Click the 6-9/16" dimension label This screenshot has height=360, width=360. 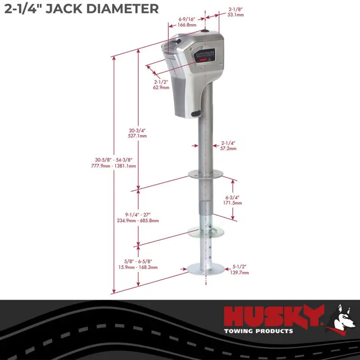coord(187,19)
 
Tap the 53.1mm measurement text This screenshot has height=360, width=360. coord(236,15)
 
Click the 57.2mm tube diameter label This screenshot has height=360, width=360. coord(228,148)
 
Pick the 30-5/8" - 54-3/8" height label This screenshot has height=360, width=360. coord(113,160)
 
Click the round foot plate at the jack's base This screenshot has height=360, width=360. coord(206,270)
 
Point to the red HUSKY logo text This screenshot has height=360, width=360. coord(274,316)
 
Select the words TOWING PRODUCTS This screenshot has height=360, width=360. coord(258,331)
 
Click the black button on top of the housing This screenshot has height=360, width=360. coord(206,32)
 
